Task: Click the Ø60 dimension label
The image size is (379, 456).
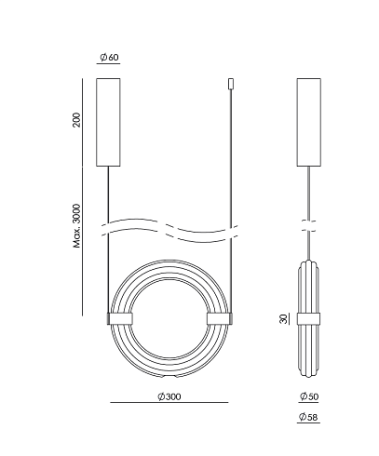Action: point(109,57)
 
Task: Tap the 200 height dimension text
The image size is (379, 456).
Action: point(76,120)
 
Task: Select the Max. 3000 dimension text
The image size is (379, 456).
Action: point(76,226)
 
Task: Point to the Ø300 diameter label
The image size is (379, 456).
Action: point(169,396)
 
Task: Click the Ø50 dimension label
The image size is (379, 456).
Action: point(309,396)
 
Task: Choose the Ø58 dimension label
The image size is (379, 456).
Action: point(308,417)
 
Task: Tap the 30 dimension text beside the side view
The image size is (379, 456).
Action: point(283,319)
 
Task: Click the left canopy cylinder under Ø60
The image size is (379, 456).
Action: point(108,122)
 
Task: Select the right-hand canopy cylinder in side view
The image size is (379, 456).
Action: point(309,122)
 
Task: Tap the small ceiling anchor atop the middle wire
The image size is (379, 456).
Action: point(231,84)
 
